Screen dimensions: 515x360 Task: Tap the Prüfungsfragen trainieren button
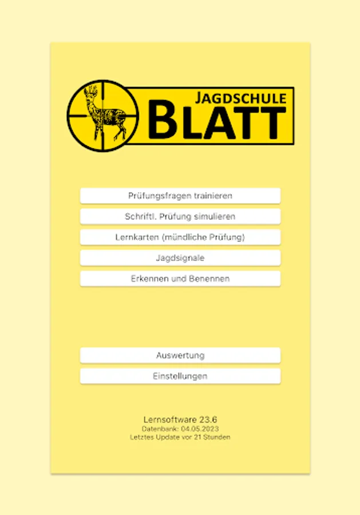click(x=180, y=196)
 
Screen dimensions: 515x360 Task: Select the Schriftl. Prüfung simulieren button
click(x=180, y=217)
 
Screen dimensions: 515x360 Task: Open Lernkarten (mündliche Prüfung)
click(x=180, y=237)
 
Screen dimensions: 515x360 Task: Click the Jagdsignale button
click(x=180, y=258)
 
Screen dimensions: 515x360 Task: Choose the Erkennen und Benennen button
click(x=180, y=279)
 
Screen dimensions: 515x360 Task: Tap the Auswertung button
click(x=180, y=355)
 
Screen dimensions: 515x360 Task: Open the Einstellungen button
click(x=180, y=376)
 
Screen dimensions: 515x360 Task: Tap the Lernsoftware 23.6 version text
click(x=180, y=419)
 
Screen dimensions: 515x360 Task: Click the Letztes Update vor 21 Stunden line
click(x=180, y=437)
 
